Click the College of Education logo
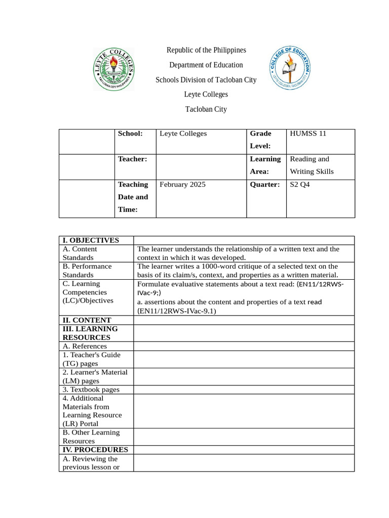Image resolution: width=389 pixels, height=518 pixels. pyautogui.click(x=290, y=70)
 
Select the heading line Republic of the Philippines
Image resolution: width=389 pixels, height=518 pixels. pyautogui.click(x=206, y=50)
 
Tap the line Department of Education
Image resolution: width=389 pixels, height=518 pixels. pyautogui.click(x=206, y=65)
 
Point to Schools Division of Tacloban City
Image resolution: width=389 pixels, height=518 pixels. pyautogui.click(x=206, y=80)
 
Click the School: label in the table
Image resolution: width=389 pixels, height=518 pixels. pyautogui.click(x=130, y=134)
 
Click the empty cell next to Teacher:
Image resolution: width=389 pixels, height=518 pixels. pyautogui.click(x=201, y=166)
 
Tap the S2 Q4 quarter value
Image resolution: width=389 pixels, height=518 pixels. pyautogui.click(x=299, y=185)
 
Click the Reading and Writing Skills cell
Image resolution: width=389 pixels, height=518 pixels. pyautogui.click(x=312, y=165)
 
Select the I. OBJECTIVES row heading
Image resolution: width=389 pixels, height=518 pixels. pyautogui.click(x=91, y=240)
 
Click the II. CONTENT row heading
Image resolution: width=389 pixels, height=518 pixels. pyautogui.click(x=87, y=320)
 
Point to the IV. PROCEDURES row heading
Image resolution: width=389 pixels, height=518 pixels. pyautogui.click(x=95, y=450)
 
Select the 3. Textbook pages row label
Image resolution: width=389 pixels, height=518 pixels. pyautogui.click(x=91, y=390)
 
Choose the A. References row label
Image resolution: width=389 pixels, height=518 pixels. pyautogui.click(x=85, y=346)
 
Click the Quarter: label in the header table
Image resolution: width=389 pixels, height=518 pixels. pyautogui.click(x=265, y=185)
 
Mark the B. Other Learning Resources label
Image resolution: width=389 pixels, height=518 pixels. pyautogui.click(x=91, y=437)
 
